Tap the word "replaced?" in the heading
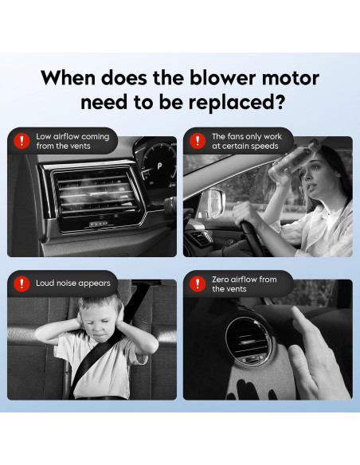237,104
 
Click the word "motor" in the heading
291,78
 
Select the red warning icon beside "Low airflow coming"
22,141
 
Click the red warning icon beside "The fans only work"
198,141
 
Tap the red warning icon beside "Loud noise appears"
22,283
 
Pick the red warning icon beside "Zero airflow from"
198,283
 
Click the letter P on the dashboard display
159,166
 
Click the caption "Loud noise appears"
73,283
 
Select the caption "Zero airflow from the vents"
244,283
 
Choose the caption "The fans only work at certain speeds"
247,141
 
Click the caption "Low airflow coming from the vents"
72,141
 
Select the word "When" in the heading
68,78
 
